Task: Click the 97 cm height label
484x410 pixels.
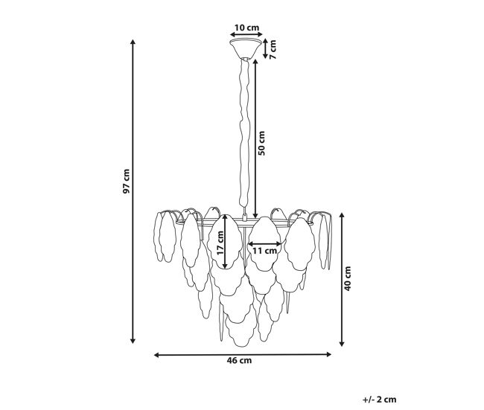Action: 127,181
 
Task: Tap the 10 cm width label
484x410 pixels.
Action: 246,28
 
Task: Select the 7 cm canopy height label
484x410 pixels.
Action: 273,49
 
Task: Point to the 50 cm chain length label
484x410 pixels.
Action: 261,143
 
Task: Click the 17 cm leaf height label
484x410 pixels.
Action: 220,243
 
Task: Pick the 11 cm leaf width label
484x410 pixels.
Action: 264,251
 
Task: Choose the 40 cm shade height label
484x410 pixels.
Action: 348,278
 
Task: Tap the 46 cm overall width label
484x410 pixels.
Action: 239,360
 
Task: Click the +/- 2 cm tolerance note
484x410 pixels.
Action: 379,400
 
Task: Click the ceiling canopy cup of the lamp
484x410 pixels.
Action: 246,48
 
